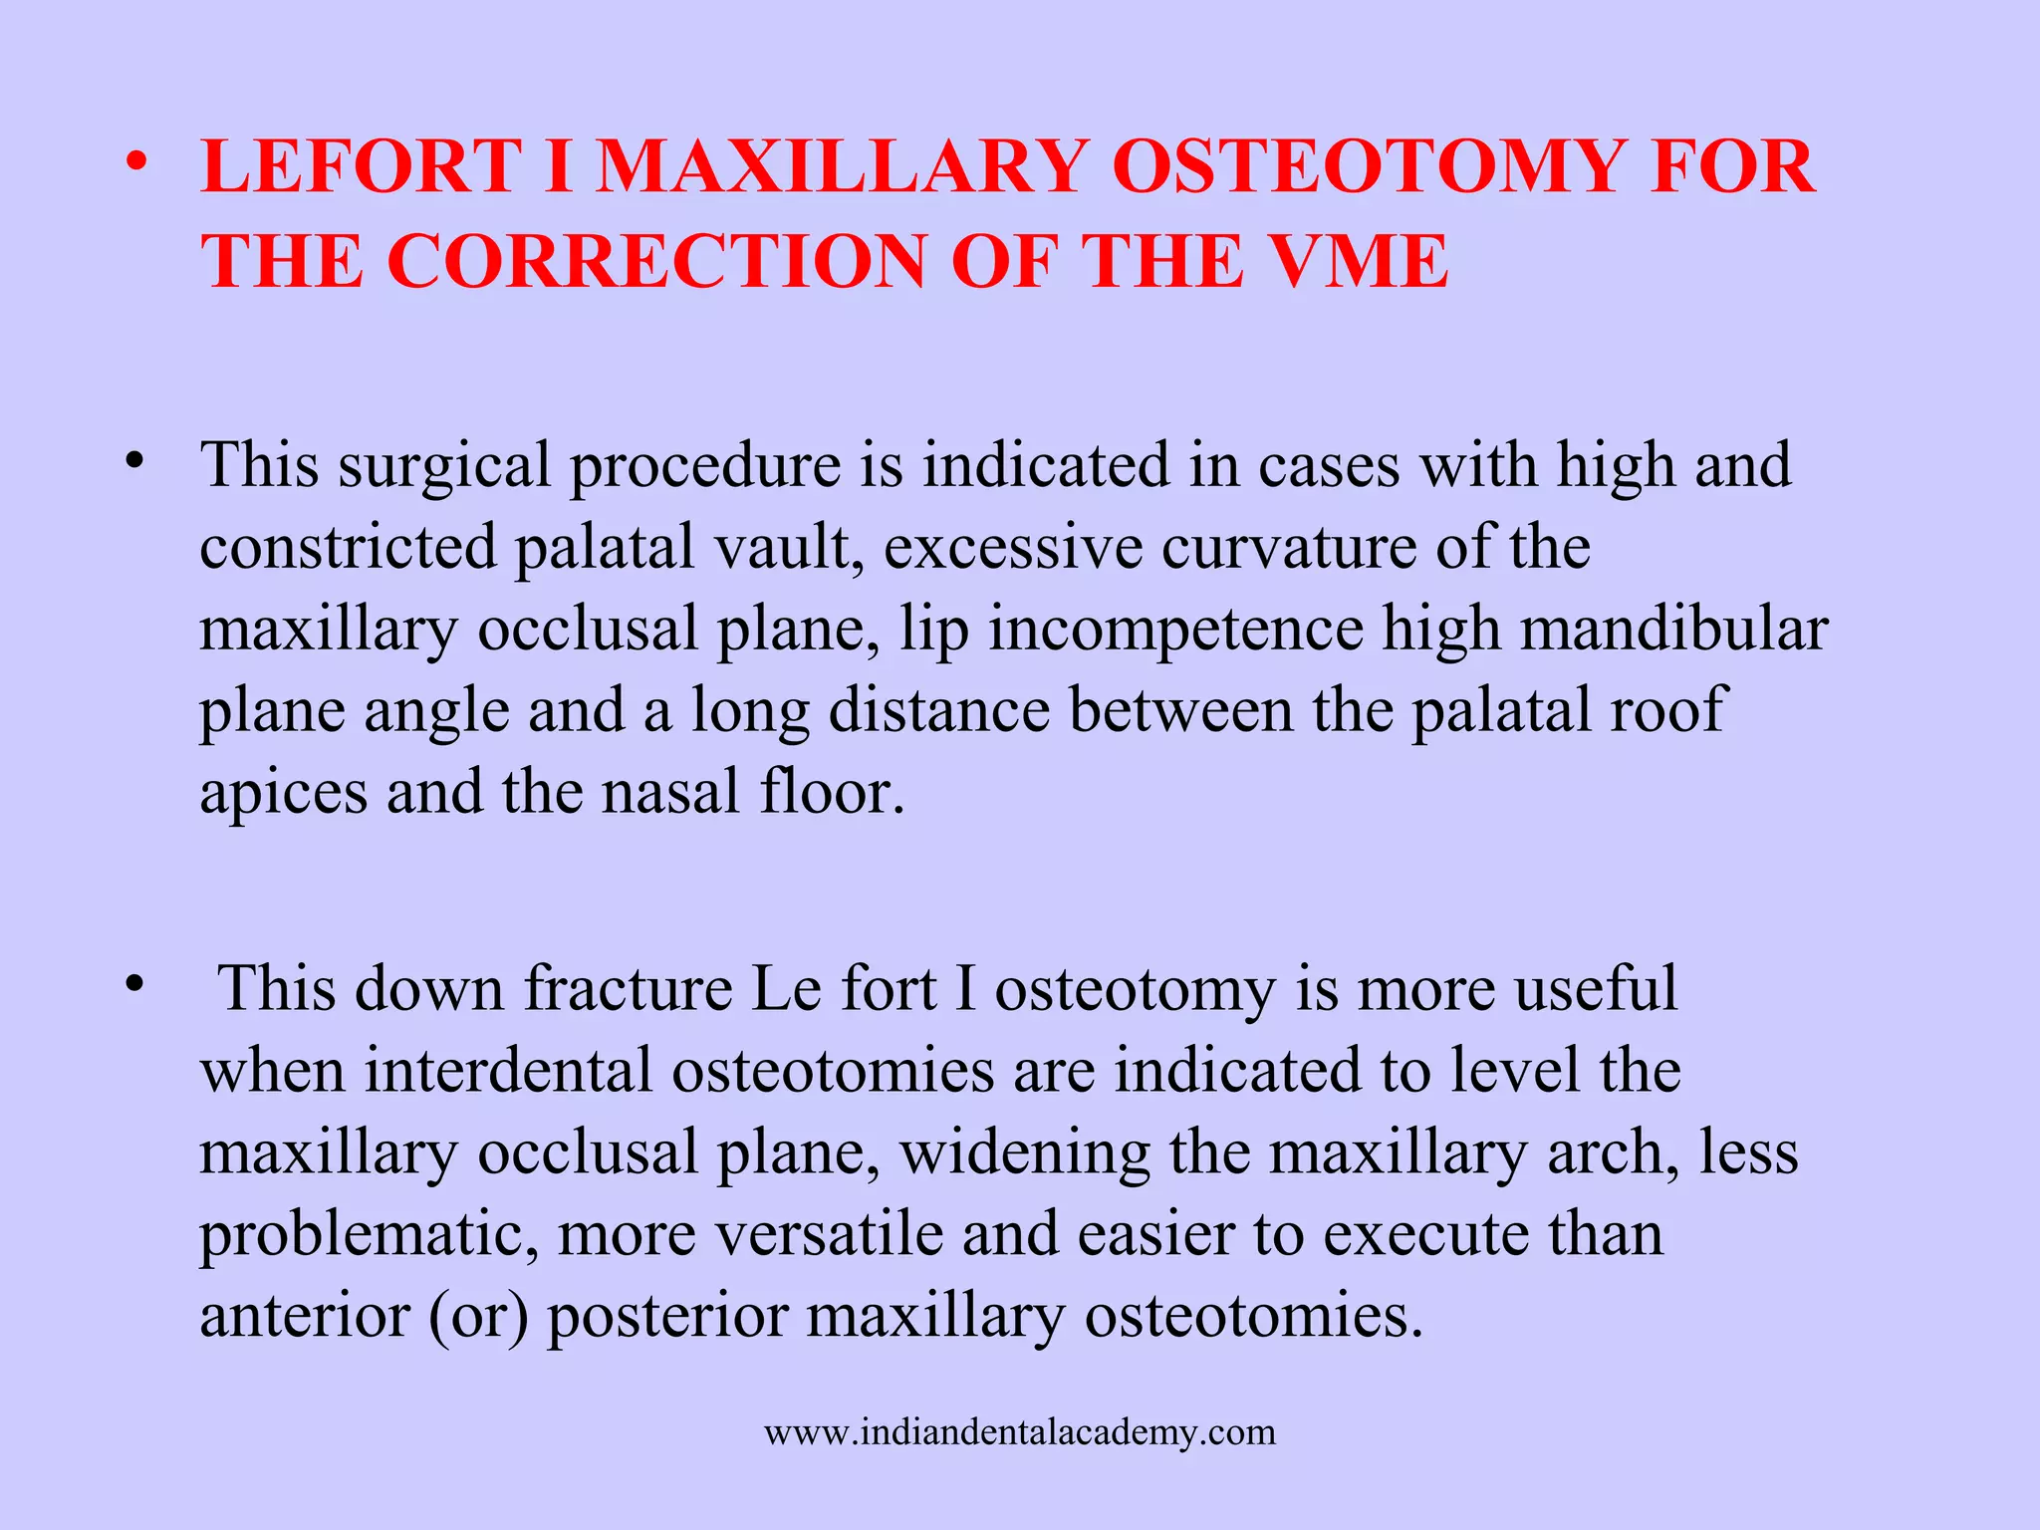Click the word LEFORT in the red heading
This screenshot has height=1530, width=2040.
(361, 166)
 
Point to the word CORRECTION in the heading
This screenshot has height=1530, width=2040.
(656, 262)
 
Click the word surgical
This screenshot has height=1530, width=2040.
(444, 465)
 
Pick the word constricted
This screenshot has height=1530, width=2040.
(348, 547)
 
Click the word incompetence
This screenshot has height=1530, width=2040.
(1175, 629)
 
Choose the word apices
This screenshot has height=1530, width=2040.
(283, 792)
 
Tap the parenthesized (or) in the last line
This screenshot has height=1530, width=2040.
(478, 1315)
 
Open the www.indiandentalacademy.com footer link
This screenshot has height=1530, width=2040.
(1020, 1432)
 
